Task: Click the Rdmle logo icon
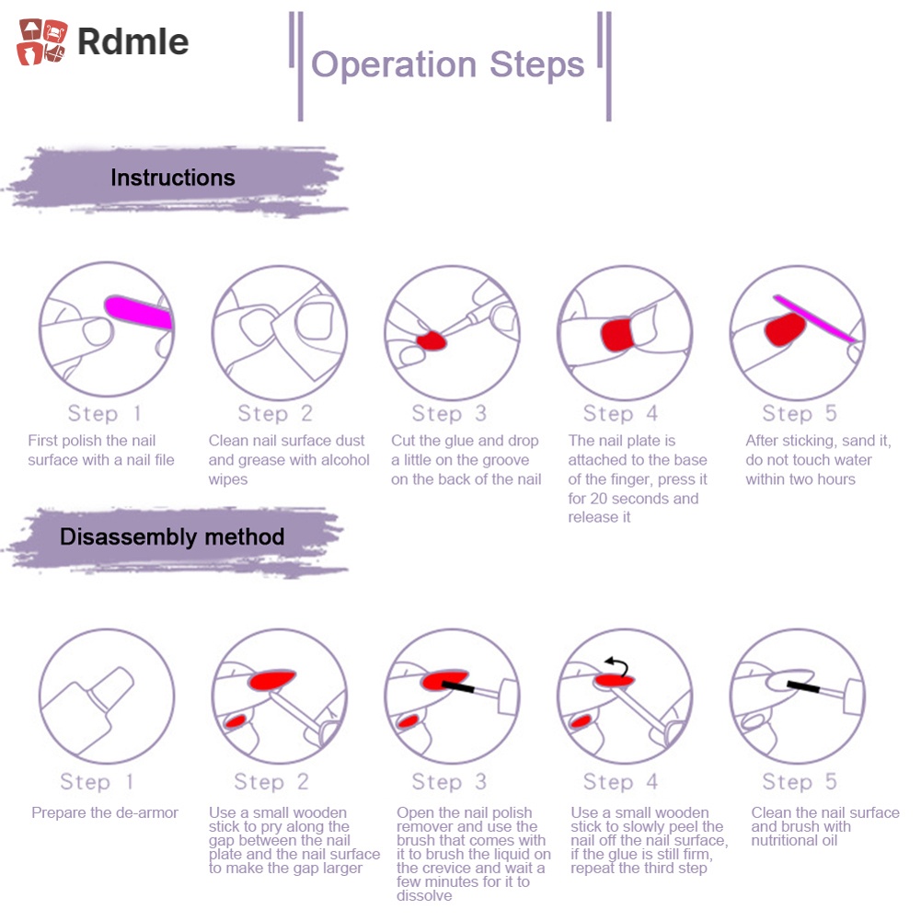(42, 41)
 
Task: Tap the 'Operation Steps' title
(448, 64)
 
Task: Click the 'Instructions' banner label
(173, 178)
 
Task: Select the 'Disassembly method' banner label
(172, 536)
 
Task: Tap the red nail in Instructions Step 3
(430, 341)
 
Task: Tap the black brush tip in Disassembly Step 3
(457, 686)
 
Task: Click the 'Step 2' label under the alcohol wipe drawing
(275, 413)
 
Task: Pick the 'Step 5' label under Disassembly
(800, 782)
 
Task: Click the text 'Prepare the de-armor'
(105, 812)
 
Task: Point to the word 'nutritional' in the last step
(794, 840)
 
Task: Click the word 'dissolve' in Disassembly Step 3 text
(424, 895)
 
